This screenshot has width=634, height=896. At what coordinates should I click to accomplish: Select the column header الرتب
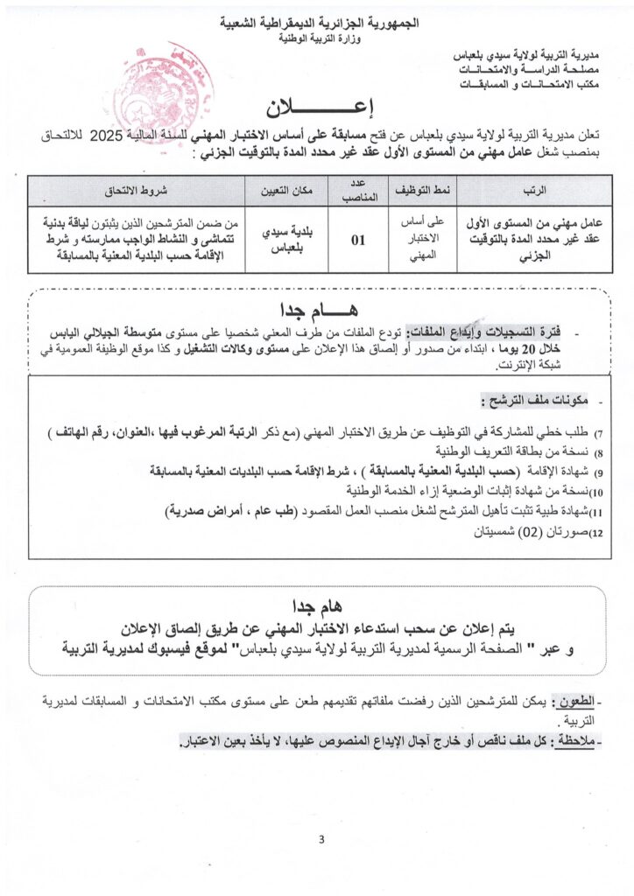click(533, 189)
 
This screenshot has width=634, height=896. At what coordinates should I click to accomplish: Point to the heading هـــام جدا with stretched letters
click(318, 311)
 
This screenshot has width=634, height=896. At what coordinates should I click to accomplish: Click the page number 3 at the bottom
click(321, 841)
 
